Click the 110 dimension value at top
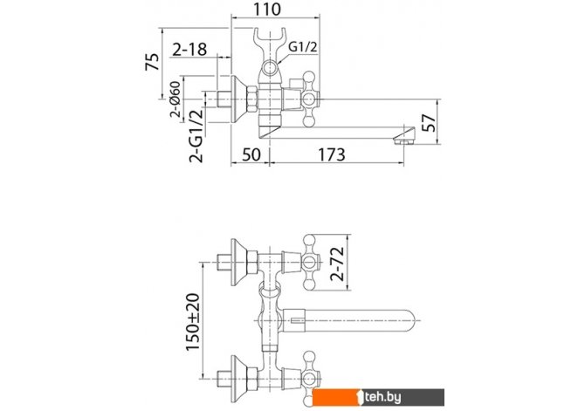(267, 10)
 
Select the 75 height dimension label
(152, 62)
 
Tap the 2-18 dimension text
(189, 49)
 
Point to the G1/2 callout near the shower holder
(303, 46)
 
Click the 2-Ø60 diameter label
(175, 99)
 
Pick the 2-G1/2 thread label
(196, 135)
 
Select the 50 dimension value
(251, 154)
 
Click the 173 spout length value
(332, 154)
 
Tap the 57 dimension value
(429, 123)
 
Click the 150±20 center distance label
(193, 322)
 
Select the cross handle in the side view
(311, 99)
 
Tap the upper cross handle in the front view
(311, 262)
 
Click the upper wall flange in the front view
(238, 262)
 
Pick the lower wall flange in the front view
(238, 379)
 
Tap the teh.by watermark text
(382, 398)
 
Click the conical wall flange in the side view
(238, 99)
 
